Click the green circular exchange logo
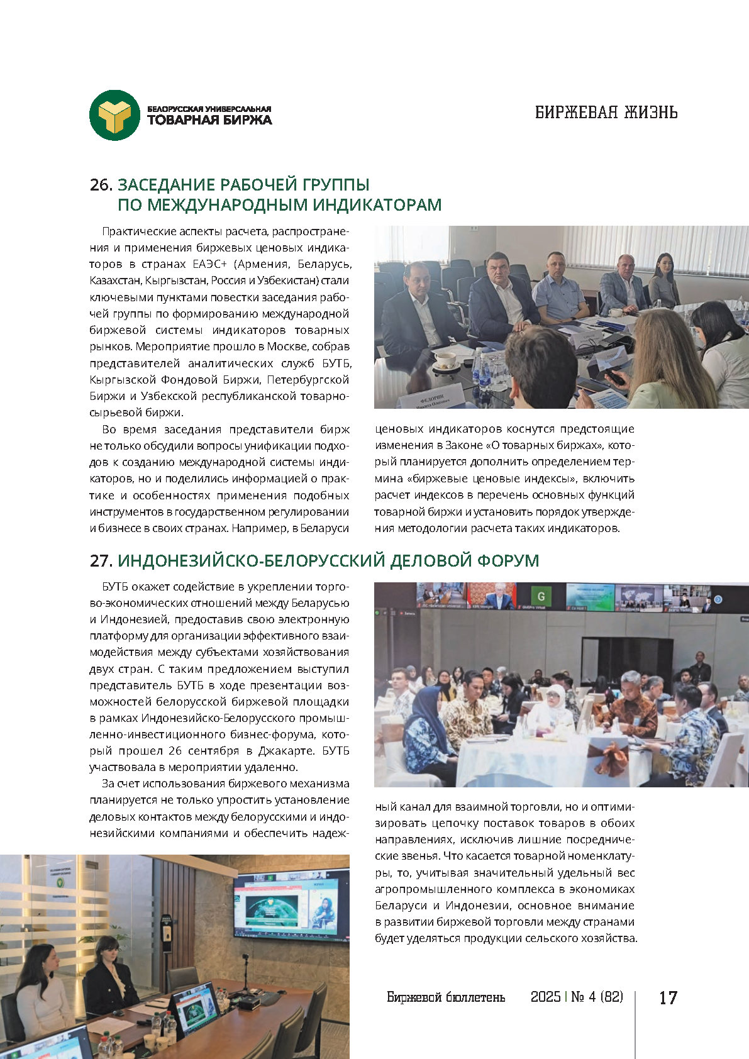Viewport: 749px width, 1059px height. (114, 115)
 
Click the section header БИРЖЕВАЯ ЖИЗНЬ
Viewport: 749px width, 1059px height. (606, 113)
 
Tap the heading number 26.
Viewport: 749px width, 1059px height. (101, 185)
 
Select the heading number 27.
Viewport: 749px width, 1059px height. (101, 560)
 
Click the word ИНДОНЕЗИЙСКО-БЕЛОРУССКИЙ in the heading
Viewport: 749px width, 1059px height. (250, 560)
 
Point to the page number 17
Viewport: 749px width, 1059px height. (668, 997)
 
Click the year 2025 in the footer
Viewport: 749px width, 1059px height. (545, 997)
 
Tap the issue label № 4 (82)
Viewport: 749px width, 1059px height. (597, 997)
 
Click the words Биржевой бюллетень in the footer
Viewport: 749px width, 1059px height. (446, 997)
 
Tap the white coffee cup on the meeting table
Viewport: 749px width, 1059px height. (445, 360)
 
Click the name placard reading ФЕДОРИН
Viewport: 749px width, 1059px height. (431, 399)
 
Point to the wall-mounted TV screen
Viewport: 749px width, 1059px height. (291, 904)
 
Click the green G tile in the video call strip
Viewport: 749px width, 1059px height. (540, 596)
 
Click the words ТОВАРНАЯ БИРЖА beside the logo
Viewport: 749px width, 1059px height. (209, 120)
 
